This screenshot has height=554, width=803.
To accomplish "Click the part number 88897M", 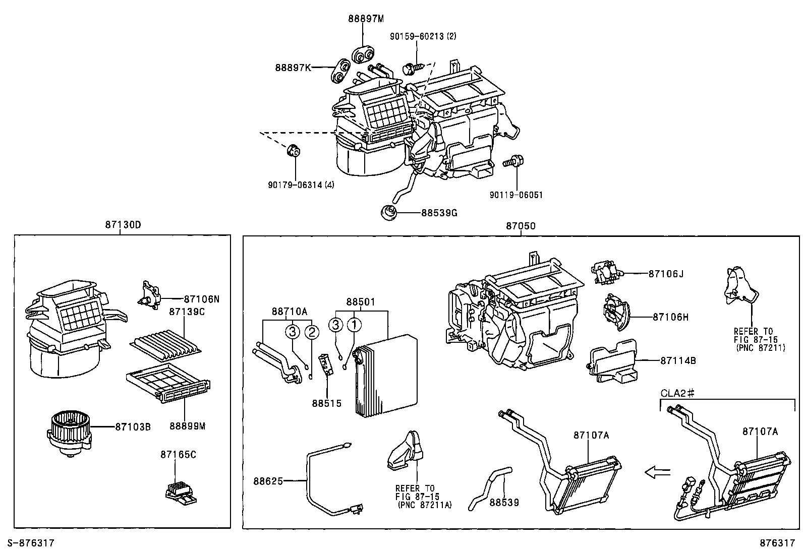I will click(x=366, y=19).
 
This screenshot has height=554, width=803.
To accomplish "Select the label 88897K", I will click(x=293, y=67).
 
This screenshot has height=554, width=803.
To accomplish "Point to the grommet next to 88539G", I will click(x=388, y=213).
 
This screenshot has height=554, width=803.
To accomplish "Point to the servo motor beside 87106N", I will click(x=150, y=294).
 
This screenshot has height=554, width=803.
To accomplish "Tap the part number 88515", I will click(x=326, y=403).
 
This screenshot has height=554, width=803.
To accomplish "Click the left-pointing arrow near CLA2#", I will click(x=659, y=472).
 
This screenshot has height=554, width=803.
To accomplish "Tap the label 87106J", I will click(x=666, y=274).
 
